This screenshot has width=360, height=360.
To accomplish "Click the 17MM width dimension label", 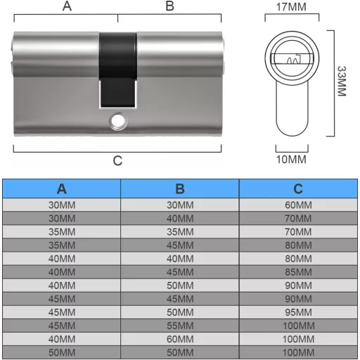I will (290, 8).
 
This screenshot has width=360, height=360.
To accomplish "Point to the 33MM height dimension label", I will (342, 82).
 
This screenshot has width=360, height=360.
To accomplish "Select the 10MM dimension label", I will (290, 160).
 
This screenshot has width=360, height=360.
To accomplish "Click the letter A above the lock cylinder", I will (67, 6).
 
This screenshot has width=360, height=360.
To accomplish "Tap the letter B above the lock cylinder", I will (169, 6).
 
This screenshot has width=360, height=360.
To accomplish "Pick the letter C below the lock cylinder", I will (117, 160).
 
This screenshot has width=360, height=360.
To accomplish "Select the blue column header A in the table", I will (62, 189).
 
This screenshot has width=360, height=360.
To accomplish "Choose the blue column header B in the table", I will (180, 189).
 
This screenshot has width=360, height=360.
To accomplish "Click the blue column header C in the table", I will (298, 189).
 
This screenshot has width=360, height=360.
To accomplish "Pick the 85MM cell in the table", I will (298, 271).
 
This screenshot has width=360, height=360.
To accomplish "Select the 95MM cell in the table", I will (298, 311).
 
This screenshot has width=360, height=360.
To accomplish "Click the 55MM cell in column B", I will (180, 324).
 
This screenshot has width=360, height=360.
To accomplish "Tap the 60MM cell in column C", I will (298, 205).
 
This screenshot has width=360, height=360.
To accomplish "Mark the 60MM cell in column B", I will (180, 337).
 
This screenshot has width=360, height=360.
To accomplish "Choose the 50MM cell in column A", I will (62, 351).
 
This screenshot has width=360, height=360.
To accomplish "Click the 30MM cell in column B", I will (180, 205).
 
